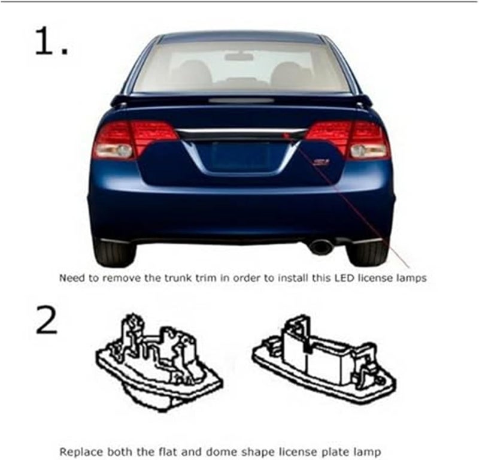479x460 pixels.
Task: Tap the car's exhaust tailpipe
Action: pyautogui.click(x=322, y=246)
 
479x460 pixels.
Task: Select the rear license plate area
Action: pyautogui.click(x=240, y=156)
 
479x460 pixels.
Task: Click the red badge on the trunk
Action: pyautogui.click(x=322, y=162)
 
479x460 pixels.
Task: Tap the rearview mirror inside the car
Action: pyautogui.click(x=239, y=56)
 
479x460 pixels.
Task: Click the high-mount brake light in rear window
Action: pyautogui.click(x=241, y=100)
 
